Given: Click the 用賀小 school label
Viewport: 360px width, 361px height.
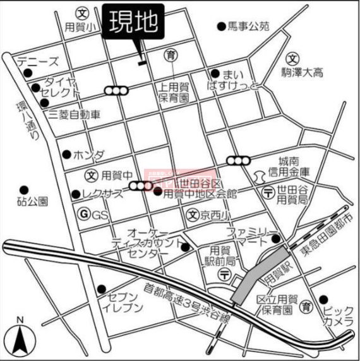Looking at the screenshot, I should (x=83, y=27).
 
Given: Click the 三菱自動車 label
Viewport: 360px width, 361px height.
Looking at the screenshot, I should (x=75, y=115).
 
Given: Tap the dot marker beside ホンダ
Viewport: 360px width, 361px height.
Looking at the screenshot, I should (x=66, y=154).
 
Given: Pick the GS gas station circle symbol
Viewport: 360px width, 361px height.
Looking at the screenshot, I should (x=83, y=214).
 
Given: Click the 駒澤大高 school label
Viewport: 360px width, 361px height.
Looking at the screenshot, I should (x=302, y=73).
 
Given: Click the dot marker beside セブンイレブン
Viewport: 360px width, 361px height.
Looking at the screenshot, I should (x=101, y=290).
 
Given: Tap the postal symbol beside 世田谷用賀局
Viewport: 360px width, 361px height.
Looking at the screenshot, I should (x=268, y=193).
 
